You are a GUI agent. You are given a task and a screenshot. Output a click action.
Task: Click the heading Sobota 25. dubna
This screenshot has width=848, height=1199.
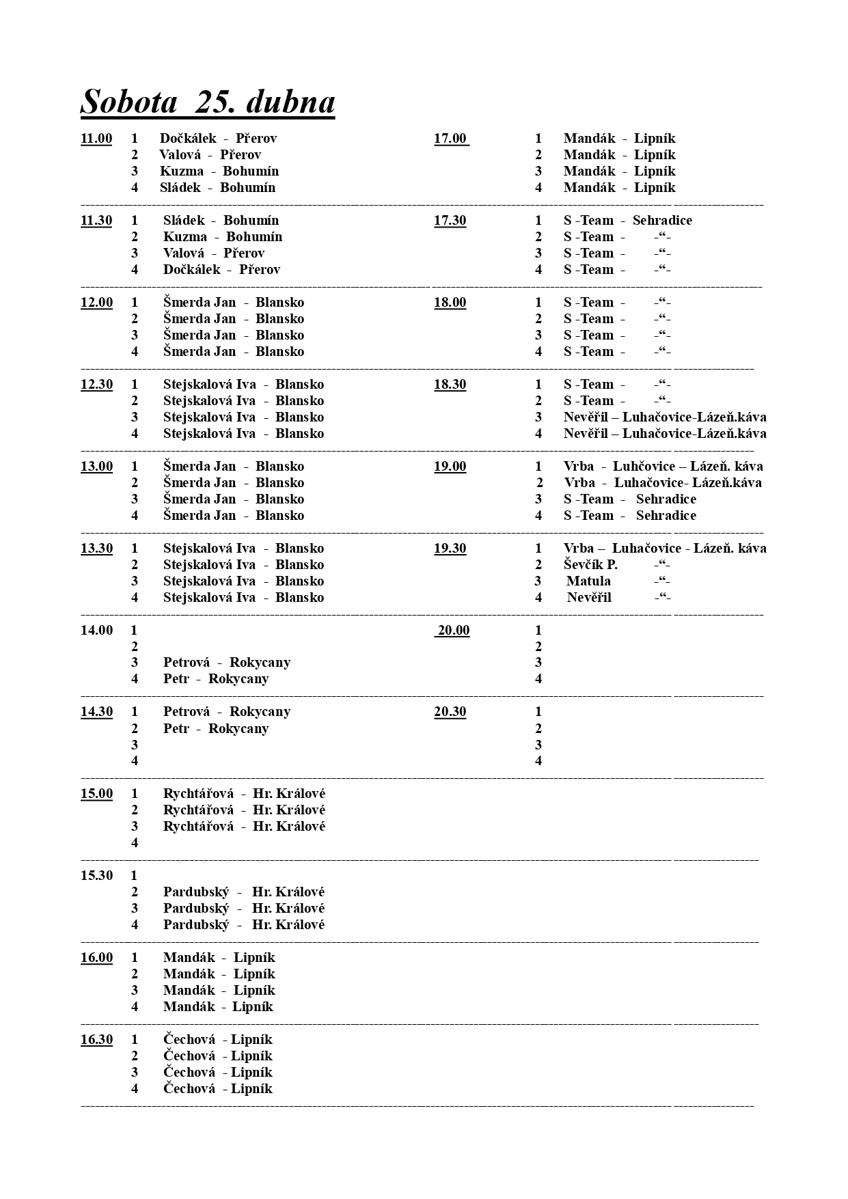point(208,102)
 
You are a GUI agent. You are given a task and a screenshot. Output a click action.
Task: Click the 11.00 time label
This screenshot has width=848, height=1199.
point(96,139)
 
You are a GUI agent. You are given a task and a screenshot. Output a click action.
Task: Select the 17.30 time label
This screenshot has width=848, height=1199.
point(450,221)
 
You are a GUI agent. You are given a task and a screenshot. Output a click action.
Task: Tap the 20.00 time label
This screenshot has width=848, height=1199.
point(453,631)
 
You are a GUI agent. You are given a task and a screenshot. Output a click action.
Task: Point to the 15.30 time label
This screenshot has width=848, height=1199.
point(96,876)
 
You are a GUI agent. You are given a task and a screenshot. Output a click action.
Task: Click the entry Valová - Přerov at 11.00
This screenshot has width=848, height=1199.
point(210,155)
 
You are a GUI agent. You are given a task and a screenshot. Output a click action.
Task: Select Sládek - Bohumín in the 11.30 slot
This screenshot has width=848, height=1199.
point(221,221)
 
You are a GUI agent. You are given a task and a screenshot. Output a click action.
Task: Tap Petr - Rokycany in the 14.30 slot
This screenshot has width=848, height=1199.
point(216,729)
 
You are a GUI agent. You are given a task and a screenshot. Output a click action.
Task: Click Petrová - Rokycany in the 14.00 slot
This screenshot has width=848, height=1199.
point(227,663)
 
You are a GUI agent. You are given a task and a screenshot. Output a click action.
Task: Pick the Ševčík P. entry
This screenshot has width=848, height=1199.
point(590,565)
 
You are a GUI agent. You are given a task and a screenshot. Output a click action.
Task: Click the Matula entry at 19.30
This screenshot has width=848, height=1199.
point(588,581)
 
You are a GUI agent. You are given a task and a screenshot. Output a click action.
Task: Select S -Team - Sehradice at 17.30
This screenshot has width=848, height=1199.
point(627,221)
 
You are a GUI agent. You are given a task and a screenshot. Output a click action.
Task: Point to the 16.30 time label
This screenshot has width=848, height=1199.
point(96,1040)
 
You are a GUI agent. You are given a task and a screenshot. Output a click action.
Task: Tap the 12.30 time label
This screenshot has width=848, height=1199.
point(96,385)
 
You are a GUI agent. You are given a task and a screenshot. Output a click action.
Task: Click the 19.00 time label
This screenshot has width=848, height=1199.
point(450,467)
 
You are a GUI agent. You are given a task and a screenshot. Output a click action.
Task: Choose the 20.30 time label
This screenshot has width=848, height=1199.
point(450,712)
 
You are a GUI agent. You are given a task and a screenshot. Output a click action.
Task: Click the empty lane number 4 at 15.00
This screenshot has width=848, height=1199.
point(135,843)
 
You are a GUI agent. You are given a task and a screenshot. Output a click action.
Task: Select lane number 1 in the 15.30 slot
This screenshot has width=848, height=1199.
point(135,876)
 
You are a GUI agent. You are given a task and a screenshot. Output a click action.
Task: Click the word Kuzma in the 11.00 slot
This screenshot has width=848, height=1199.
point(182,171)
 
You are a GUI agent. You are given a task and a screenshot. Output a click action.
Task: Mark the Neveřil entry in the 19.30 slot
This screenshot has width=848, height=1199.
point(589,598)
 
